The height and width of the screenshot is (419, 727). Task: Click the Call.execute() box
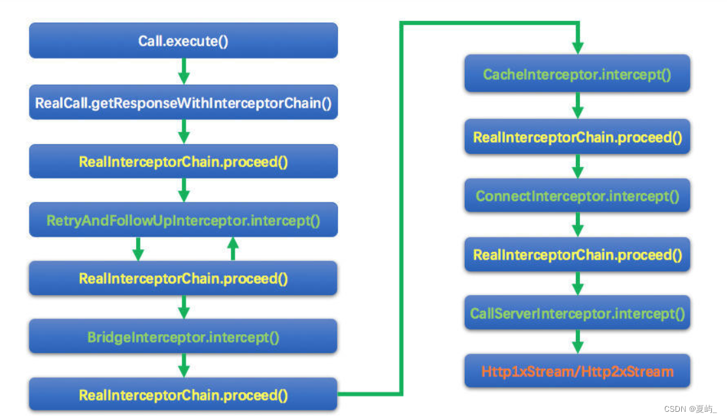183,41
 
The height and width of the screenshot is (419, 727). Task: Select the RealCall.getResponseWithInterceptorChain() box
183,102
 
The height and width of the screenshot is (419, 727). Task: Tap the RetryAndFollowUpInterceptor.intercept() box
183,221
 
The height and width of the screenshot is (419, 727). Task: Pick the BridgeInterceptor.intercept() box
183,337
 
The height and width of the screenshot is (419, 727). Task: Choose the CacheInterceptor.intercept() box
577,74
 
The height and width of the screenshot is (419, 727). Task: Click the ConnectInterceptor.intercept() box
577,196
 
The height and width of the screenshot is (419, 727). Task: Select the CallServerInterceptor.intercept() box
577,314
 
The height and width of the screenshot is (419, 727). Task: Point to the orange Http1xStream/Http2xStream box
577,371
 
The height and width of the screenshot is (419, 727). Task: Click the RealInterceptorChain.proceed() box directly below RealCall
183,162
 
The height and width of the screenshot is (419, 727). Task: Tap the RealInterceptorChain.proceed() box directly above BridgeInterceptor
183,279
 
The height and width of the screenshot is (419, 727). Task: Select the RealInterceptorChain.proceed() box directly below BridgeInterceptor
183,395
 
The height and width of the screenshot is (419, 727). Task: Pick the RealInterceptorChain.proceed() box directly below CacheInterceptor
577,137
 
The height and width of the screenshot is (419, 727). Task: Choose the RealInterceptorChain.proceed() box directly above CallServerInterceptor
577,255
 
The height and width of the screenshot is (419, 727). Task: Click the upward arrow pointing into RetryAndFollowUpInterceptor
232,248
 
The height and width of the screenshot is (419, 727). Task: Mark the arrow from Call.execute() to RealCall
184,71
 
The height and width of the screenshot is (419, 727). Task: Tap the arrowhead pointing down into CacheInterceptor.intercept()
577,48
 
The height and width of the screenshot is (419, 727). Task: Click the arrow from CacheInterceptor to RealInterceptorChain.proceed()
577,105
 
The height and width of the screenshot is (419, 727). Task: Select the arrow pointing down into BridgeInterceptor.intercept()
184,307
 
